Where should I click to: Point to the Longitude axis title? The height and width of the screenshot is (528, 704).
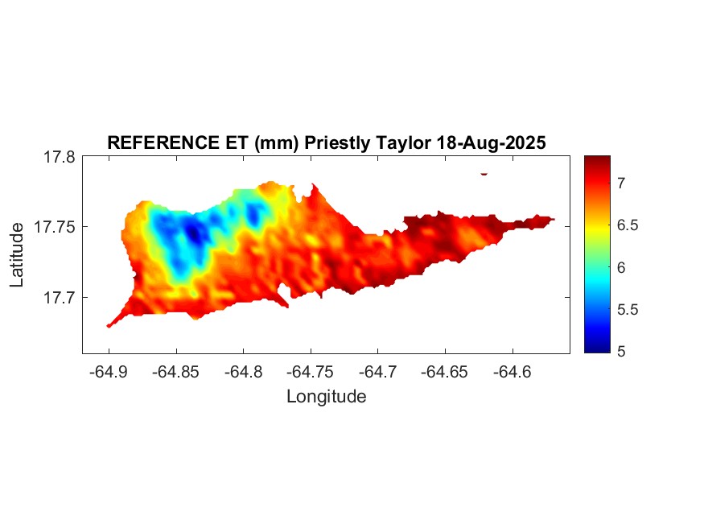tap(326, 396)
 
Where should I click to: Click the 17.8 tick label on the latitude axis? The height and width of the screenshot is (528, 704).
tap(60, 157)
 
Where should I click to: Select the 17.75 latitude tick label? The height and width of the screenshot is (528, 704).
tap(56, 227)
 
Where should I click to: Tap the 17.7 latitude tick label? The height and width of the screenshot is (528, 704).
tap(60, 297)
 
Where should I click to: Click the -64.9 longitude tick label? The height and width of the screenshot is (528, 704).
tap(109, 372)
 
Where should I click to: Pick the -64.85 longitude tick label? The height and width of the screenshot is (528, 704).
tap(176, 372)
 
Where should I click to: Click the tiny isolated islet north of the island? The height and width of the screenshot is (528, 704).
tap(484, 173)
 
